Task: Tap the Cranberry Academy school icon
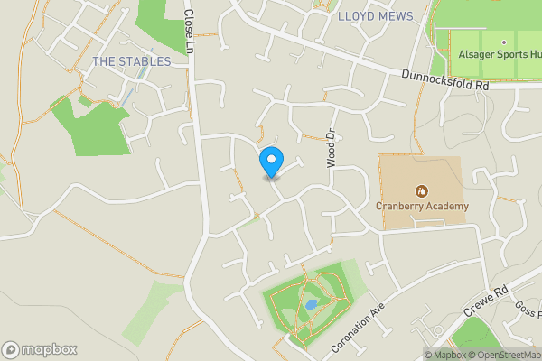420,190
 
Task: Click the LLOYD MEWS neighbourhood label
375,16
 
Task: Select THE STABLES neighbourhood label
131,61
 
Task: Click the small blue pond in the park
311,305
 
